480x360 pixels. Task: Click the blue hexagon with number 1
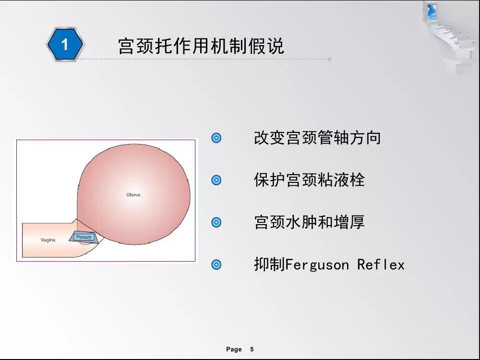click(x=65, y=44)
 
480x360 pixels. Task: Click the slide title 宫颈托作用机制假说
click(x=201, y=46)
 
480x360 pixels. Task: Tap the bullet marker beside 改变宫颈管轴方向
click(x=216, y=138)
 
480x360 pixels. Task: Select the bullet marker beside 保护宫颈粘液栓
click(x=216, y=180)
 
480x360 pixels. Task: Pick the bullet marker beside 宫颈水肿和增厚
click(x=216, y=222)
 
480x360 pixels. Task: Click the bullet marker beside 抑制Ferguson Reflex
click(x=216, y=264)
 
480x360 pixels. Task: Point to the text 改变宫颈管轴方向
click(x=317, y=138)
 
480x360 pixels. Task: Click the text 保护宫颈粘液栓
click(x=310, y=180)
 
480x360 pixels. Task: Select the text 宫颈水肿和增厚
click(x=310, y=222)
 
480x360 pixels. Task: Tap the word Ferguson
click(x=317, y=265)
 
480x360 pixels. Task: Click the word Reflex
click(x=381, y=264)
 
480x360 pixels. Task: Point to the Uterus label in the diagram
click(x=133, y=195)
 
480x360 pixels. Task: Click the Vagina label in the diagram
click(x=48, y=240)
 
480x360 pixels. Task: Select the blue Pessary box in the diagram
click(x=84, y=237)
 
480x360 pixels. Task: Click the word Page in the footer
click(x=234, y=349)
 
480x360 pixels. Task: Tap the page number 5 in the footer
click(x=252, y=349)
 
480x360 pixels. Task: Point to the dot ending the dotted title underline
click(x=330, y=59)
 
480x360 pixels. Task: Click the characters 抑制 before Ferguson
click(x=269, y=264)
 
